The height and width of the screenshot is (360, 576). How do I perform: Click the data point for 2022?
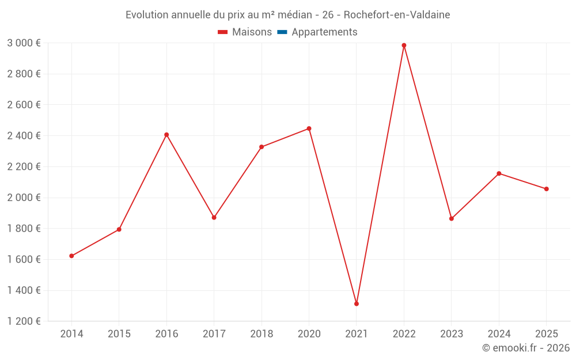[404, 45]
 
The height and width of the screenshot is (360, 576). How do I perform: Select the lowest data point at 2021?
[357, 304]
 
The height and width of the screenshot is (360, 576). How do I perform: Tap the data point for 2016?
[166, 135]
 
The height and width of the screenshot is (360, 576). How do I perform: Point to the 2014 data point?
[71, 256]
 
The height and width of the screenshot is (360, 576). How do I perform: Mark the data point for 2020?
[309, 128]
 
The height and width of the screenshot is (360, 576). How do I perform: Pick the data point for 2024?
[499, 173]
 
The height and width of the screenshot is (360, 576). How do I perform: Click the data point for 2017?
[214, 218]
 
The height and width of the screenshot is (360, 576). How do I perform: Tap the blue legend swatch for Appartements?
[282, 32]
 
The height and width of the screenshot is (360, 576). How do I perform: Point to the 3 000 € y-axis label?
[24, 43]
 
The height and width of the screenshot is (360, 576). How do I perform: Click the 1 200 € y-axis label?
[24, 321]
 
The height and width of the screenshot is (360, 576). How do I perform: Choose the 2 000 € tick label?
[24, 198]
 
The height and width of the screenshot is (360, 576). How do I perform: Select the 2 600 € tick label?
[24, 105]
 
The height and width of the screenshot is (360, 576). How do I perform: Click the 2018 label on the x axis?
[262, 334]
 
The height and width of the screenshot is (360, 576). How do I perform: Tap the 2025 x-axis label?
[546, 334]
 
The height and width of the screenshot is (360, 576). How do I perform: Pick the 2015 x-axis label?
[119, 334]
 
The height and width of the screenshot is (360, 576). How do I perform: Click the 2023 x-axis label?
[452, 334]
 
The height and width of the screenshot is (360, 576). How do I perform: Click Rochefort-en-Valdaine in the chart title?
[397, 14]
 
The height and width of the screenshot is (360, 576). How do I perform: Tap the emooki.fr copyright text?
[526, 348]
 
